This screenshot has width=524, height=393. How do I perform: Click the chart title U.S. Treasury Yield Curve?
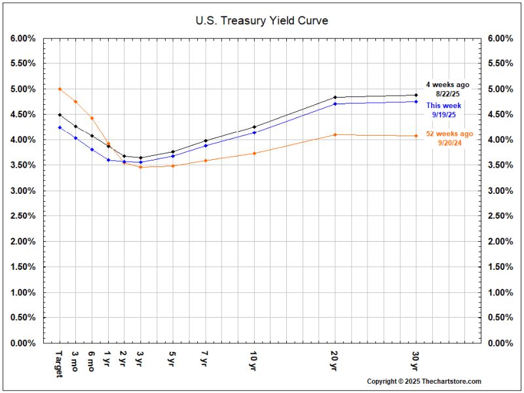click(262, 21)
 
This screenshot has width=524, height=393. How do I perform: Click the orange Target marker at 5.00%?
click(60, 89)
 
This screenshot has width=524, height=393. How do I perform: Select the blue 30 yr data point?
click(416, 102)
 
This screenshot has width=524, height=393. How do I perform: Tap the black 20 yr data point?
click(335, 98)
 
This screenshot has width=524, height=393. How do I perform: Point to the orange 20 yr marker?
click(335, 134)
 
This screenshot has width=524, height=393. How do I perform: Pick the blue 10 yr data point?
click(253, 132)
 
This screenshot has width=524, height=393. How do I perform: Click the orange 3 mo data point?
click(75, 102)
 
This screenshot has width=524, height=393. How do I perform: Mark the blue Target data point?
click(60, 127)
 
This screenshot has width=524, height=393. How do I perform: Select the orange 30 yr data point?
click(416, 136)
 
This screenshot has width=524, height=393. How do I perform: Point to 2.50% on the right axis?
click(500, 216)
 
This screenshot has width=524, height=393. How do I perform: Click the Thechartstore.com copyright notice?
click(424, 381)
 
